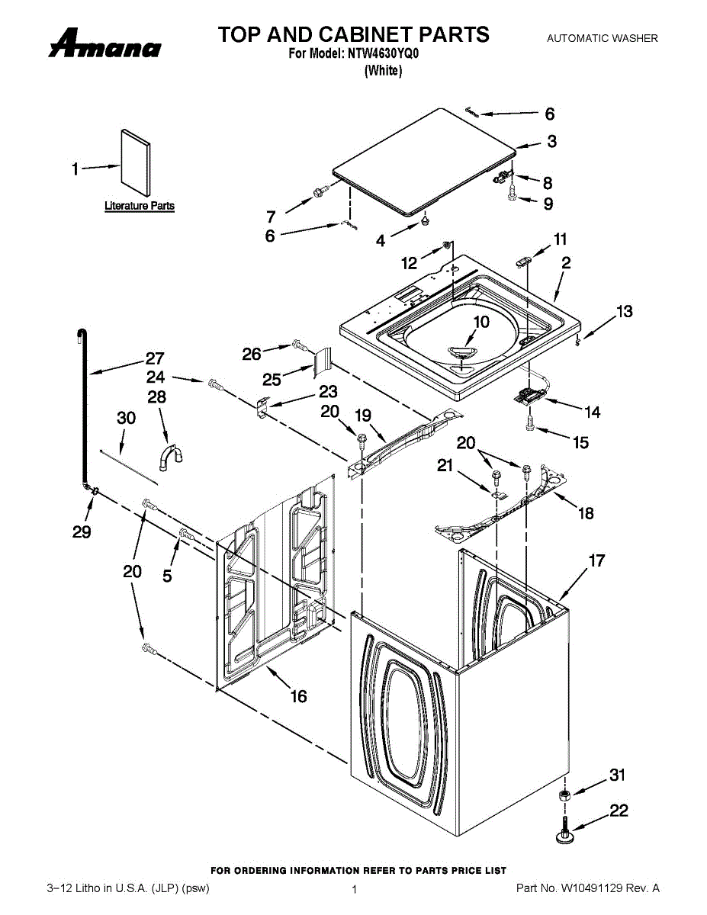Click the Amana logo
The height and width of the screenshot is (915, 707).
104,43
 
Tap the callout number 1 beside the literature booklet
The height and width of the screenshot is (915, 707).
75,169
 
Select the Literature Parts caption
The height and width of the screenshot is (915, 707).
140,206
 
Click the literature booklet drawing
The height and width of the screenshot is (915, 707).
136,162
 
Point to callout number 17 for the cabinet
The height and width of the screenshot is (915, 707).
596,560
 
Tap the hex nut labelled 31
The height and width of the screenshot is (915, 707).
564,795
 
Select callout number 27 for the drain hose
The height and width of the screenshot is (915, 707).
155,358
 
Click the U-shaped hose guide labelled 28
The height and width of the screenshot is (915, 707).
171,455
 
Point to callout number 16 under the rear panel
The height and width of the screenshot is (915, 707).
298,696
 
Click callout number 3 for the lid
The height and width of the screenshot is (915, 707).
551,141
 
